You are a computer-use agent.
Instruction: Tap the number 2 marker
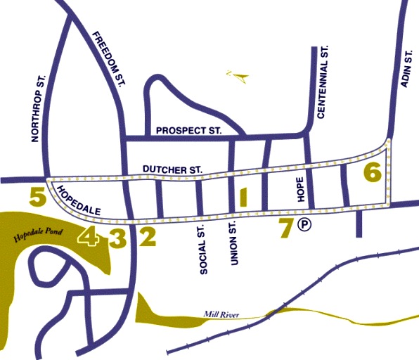147,238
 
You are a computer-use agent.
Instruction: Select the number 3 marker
118,238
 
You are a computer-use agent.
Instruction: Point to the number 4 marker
89,238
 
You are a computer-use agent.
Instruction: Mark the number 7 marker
285,228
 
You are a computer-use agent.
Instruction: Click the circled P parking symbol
304,225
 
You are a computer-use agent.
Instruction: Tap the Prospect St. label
188,131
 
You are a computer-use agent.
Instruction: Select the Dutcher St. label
172,169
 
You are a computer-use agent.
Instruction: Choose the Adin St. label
404,70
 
